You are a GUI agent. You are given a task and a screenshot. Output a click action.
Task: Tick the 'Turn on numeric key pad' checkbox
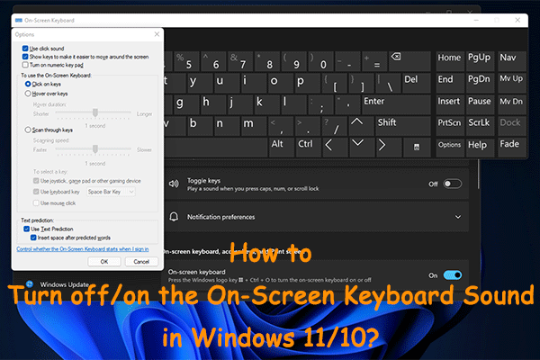pyautogui.click(x=24, y=64)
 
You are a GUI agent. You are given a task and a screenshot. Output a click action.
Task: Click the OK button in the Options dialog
pyautogui.click(x=103, y=261)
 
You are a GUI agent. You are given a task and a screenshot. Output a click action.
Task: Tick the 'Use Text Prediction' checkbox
pyautogui.click(x=24, y=229)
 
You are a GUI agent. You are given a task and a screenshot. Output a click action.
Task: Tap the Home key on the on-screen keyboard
pyautogui.click(x=449, y=58)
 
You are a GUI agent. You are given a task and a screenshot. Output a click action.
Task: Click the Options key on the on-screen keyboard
pyautogui.click(x=449, y=144)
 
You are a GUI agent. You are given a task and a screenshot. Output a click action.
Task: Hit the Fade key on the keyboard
pyautogui.click(x=509, y=144)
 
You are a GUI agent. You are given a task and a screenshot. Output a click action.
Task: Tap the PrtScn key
pyautogui.click(x=449, y=122)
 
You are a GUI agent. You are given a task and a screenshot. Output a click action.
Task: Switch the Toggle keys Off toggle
pyautogui.click(x=452, y=184)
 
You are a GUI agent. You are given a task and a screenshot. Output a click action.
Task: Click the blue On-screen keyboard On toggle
pyautogui.click(x=452, y=275)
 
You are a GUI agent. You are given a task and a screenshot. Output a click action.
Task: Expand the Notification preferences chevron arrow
pyautogui.click(x=460, y=217)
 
